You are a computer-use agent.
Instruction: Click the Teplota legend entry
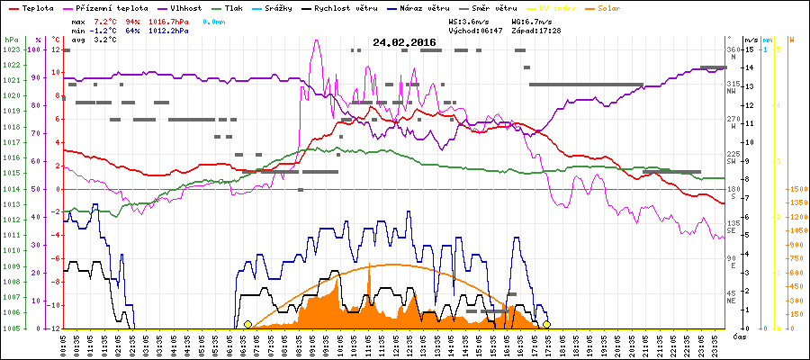(32, 8)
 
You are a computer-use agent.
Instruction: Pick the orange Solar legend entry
(622, 8)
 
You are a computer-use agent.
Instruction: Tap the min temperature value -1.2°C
(103, 30)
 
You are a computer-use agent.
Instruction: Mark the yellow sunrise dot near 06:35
(247, 324)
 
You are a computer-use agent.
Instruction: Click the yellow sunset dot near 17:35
(545, 324)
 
